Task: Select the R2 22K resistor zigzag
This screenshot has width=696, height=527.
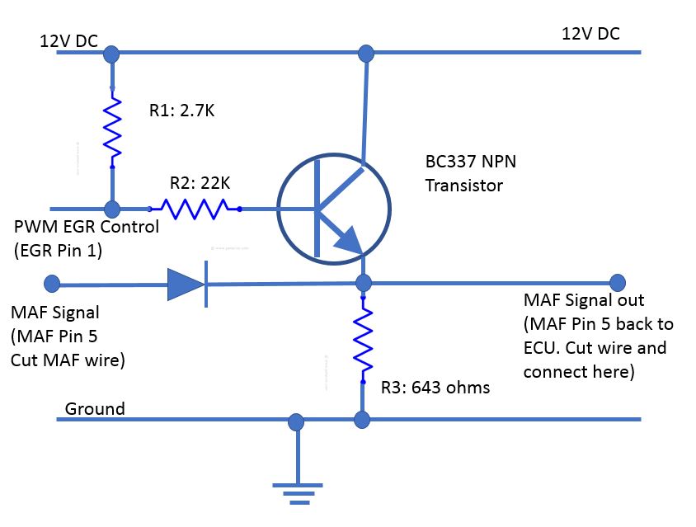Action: [x=194, y=209]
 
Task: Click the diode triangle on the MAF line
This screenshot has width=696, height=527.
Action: [x=186, y=285]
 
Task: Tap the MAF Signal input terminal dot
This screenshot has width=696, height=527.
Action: [x=51, y=284]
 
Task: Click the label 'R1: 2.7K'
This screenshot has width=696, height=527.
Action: [x=181, y=111]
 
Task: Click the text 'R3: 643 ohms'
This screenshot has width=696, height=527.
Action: [x=435, y=386]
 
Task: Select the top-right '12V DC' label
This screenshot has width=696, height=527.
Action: [x=590, y=34]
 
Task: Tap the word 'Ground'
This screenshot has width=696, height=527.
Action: [x=95, y=408]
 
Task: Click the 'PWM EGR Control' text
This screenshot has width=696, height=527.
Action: [x=87, y=227]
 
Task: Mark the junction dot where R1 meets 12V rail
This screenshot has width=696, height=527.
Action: [x=112, y=54]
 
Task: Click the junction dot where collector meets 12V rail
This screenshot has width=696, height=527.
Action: [x=363, y=54]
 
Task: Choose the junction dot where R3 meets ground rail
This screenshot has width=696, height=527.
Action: [x=362, y=421]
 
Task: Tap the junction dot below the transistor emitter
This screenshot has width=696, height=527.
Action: [x=362, y=284]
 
